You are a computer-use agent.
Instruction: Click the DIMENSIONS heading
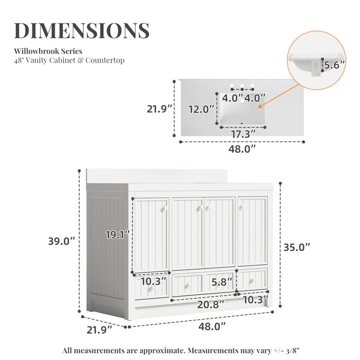[x=82, y=30]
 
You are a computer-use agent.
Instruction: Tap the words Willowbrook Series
[x=48, y=51]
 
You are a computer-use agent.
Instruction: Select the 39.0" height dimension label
[x=62, y=241]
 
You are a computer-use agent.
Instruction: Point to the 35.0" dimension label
[x=297, y=247]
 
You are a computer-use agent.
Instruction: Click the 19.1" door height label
[x=117, y=235]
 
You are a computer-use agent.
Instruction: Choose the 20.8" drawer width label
[x=211, y=305]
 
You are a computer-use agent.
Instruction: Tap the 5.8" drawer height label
[x=222, y=282]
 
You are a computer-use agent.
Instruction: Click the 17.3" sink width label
[x=243, y=134]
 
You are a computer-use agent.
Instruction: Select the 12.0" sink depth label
[x=201, y=109]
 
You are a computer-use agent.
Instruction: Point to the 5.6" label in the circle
[x=334, y=65]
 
